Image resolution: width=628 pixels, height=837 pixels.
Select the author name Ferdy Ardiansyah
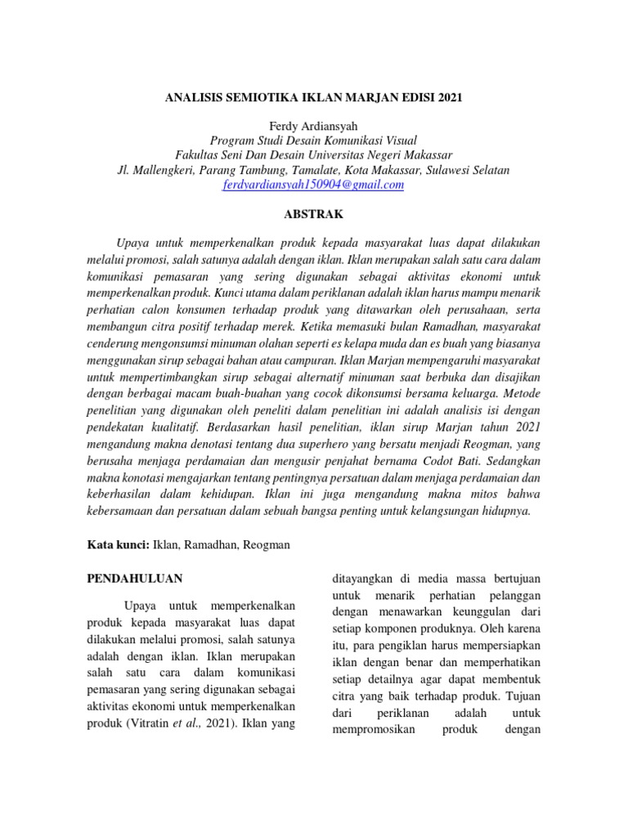pos(313,127)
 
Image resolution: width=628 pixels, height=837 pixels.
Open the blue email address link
pos(313,186)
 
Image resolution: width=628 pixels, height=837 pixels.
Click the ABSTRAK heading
pos(313,214)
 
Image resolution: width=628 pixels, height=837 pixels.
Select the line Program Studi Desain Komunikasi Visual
pos(313,141)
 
